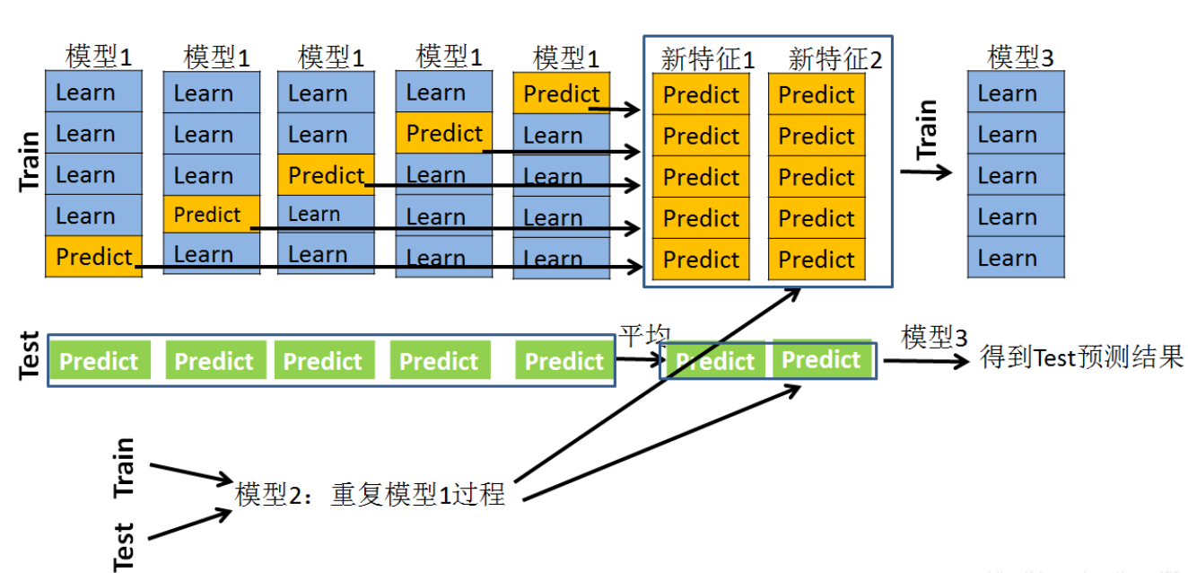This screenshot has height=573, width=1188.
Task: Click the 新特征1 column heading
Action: [x=707, y=59]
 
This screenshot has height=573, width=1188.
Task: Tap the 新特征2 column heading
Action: [x=834, y=59]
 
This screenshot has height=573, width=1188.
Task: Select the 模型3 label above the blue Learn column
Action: [x=1020, y=57]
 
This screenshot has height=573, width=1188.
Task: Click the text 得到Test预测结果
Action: [x=1081, y=358]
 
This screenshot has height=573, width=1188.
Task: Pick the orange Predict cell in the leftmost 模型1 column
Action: [x=93, y=257]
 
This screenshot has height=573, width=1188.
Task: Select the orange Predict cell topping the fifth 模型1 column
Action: [x=561, y=93]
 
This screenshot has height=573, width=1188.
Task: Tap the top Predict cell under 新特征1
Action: [x=701, y=95]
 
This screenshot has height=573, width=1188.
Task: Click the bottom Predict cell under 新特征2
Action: [x=817, y=260]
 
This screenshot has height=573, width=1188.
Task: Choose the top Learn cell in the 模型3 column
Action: [x=1016, y=93]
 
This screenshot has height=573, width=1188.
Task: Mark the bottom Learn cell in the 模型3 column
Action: [x=1016, y=259]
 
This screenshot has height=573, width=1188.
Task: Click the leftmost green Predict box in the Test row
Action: [x=99, y=361]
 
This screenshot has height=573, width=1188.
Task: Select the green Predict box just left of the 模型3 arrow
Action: [x=821, y=359]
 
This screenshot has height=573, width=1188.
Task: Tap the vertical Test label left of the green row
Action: [x=29, y=356]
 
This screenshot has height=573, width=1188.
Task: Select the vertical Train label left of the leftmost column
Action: [x=30, y=161]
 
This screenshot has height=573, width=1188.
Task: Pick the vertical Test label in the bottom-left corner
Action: [x=124, y=546]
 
